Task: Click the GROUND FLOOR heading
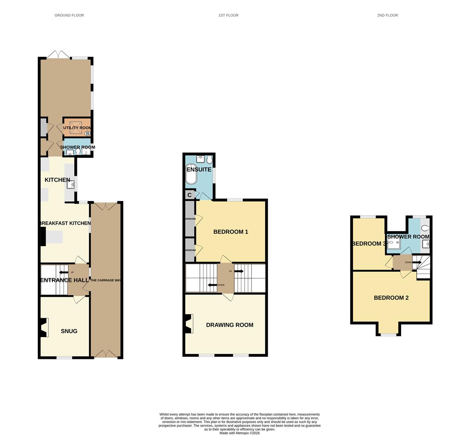[69, 15]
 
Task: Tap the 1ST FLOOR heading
[228, 15]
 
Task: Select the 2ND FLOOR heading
[387, 15]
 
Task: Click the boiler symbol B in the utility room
[87, 133]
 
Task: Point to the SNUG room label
[69, 331]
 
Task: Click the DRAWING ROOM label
[229, 325]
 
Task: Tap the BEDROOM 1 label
[231, 232]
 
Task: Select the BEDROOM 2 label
[391, 298]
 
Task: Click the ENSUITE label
[199, 170]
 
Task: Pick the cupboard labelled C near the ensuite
[189, 195]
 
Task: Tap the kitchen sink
[71, 185]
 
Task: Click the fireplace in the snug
[44, 327]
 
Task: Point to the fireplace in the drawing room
[188, 324]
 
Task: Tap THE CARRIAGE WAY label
[106, 280]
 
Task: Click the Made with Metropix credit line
[239, 433]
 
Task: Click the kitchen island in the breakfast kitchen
[54, 237]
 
